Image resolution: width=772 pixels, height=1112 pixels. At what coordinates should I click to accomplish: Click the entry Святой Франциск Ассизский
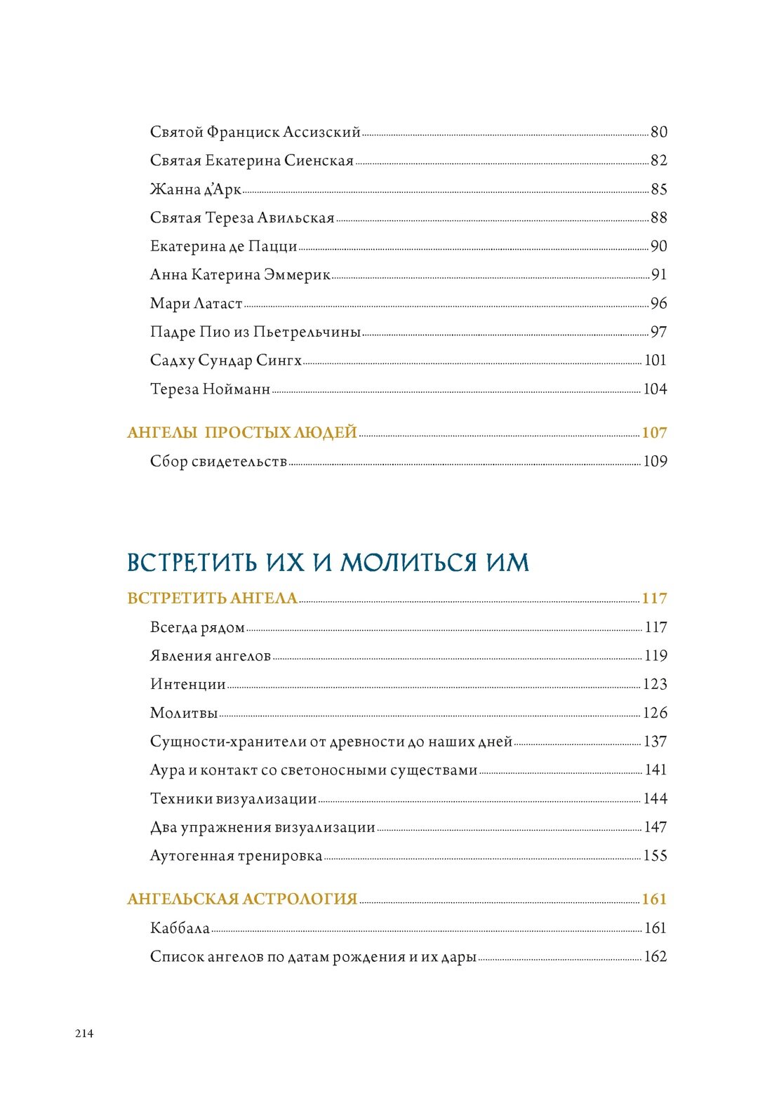(255, 132)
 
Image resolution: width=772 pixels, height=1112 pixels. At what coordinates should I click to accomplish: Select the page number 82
(658, 161)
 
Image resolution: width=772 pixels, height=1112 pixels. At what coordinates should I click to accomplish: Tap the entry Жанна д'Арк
(195, 189)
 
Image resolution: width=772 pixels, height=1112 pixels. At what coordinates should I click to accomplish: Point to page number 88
(658, 218)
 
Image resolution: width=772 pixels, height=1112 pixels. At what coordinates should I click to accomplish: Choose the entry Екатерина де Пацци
(223, 246)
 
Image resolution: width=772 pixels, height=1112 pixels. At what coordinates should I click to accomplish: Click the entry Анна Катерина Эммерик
(240, 275)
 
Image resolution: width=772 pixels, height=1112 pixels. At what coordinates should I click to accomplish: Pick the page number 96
(658, 304)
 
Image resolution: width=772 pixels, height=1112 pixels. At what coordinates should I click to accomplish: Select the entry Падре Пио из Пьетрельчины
(255, 332)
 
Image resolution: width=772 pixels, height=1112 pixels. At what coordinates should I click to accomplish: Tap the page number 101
(655, 361)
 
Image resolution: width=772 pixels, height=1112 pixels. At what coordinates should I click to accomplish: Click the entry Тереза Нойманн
(210, 389)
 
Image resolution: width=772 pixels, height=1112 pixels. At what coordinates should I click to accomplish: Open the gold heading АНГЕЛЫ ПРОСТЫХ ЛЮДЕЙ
(242, 433)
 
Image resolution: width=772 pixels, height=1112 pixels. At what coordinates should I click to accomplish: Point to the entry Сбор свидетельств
(218, 462)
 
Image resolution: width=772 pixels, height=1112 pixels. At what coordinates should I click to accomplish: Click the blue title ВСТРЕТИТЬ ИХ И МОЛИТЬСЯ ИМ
(328, 562)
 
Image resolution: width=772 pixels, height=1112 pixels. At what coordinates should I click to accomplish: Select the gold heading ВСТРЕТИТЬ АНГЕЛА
(212, 598)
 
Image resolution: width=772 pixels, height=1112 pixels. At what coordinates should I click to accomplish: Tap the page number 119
(655, 656)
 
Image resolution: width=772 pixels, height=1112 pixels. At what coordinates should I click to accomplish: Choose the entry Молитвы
(184, 713)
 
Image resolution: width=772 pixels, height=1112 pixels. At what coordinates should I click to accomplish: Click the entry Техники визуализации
(233, 798)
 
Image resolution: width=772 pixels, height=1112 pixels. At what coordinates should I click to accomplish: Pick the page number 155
(655, 856)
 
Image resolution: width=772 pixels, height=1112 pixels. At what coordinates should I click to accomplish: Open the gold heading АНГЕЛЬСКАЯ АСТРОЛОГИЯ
(242, 899)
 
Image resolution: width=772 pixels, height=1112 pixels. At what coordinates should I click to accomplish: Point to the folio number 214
(84, 1033)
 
